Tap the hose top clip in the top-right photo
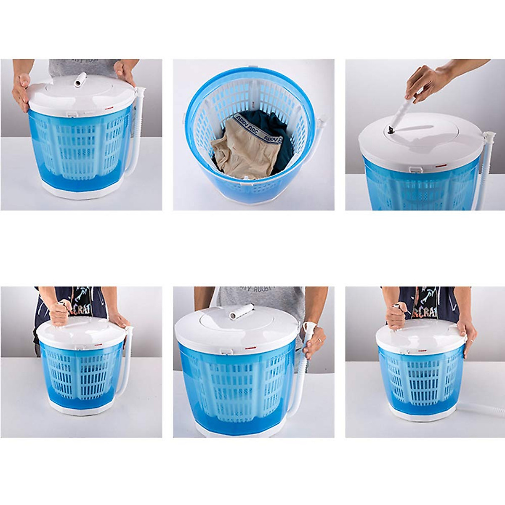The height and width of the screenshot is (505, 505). click(489, 137)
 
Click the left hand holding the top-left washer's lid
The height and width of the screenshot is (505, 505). click(21, 90)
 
